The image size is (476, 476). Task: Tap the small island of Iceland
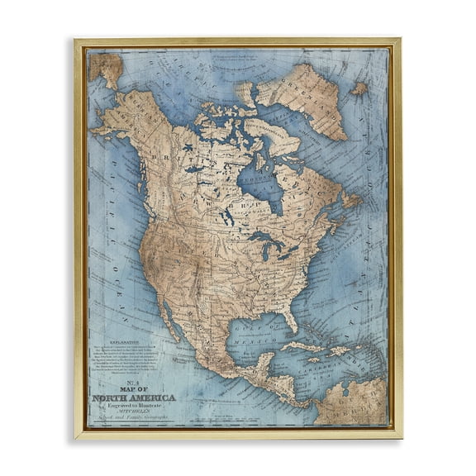click(x=359, y=88)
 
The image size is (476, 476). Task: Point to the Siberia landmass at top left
click(x=105, y=68)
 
